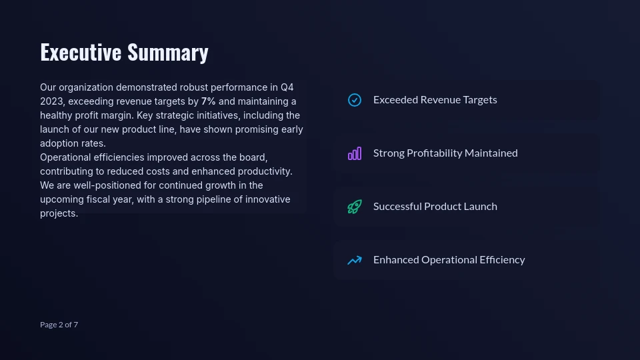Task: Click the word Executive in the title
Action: click(81, 52)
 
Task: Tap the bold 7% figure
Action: click(208, 101)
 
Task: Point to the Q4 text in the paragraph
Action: click(287, 87)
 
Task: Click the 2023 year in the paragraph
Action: click(52, 101)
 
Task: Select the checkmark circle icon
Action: click(355, 100)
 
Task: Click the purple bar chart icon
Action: click(355, 153)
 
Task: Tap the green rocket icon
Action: click(355, 207)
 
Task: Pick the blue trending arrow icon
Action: click(355, 260)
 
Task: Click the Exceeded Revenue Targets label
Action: click(435, 99)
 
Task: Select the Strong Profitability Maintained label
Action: click(445, 153)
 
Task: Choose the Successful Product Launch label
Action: click(435, 206)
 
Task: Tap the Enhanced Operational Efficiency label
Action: click(449, 259)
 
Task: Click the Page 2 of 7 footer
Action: click(59, 325)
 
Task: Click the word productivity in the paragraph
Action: click(265, 171)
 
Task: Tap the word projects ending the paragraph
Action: click(58, 213)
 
